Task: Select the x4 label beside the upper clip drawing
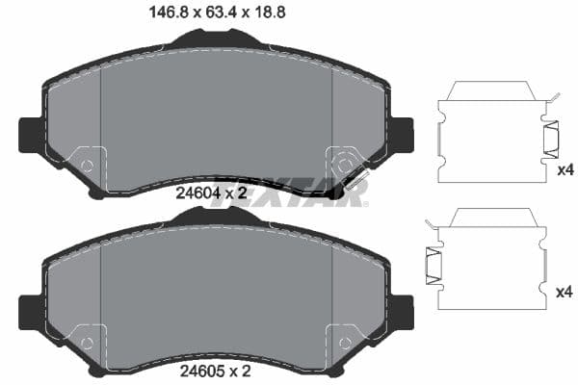(x=565, y=170)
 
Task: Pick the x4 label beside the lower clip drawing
(x=565, y=290)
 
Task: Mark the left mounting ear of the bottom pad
(x=30, y=310)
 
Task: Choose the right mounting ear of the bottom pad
(x=402, y=310)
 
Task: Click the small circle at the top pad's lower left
(x=87, y=165)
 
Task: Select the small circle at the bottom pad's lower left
(x=87, y=343)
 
